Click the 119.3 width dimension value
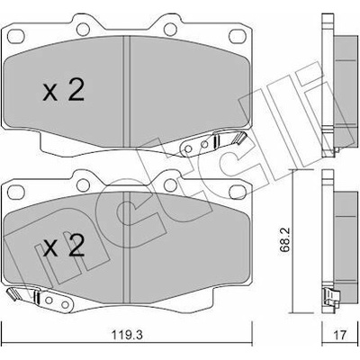127,334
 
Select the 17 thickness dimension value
340,335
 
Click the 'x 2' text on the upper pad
63,90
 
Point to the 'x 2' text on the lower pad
63,246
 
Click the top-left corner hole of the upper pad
15,36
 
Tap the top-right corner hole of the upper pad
238,36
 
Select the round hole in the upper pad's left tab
83,29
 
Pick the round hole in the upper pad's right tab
170,29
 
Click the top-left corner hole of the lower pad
15,192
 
